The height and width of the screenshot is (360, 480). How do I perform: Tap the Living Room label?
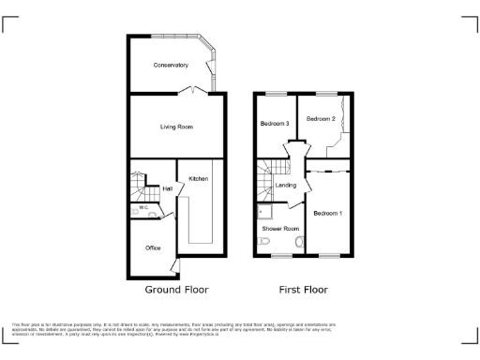coord(176,126)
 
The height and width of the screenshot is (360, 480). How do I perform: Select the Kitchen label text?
coord(199,179)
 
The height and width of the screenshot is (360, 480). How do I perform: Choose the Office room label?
coord(153,247)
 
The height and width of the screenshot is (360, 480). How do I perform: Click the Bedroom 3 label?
coord(273,124)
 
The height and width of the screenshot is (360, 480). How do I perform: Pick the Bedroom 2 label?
coord(321,119)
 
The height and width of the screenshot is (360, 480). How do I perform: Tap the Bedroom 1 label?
coord(328,214)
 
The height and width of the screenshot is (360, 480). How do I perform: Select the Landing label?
coord(286,186)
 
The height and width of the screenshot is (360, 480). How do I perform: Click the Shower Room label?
coord(281,229)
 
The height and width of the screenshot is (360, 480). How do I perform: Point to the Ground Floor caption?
coord(176,290)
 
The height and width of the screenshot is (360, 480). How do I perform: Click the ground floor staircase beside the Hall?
coord(139,186)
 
